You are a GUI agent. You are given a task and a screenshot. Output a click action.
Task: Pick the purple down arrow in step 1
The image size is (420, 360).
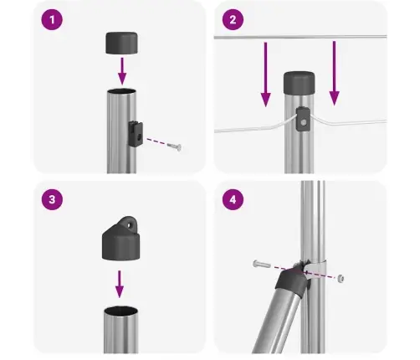121,68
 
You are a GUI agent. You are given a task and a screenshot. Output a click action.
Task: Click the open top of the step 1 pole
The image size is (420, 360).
120,90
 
